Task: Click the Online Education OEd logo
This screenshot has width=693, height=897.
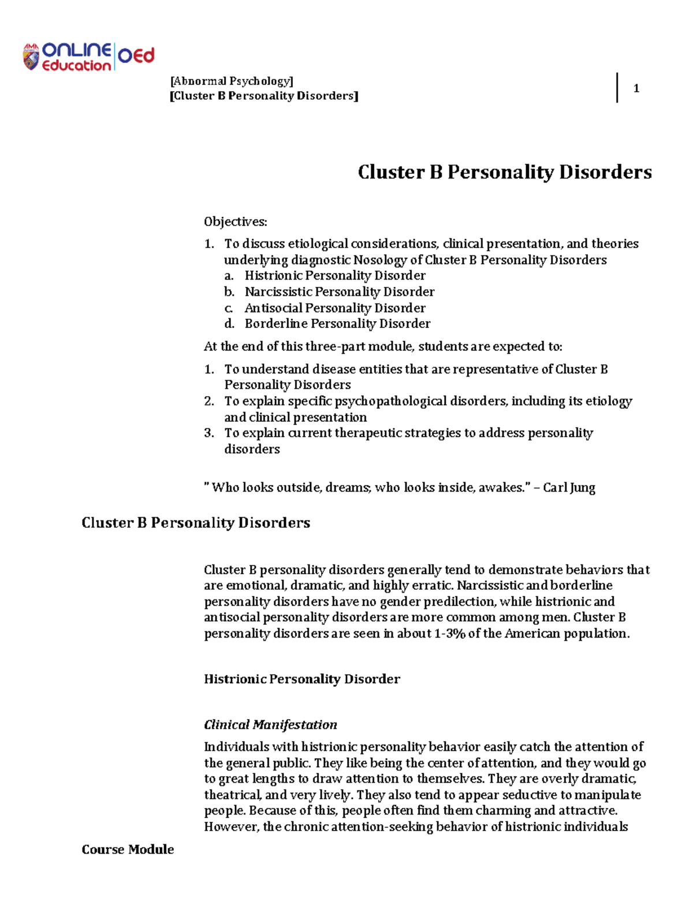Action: pos(88,57)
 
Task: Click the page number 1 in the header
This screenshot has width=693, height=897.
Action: pos(636,88)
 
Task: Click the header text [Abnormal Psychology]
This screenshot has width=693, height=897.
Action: pos(232,81)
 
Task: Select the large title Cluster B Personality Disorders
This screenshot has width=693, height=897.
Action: pos(504,172)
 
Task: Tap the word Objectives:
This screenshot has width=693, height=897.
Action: pos(235,222)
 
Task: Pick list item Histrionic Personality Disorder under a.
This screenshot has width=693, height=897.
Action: pos(335,276)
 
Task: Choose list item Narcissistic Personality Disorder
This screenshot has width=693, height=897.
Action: pos(340,292)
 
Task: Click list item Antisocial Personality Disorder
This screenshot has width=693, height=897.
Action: pos(335,308)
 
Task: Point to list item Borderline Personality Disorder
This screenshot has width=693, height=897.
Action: pos(337,323)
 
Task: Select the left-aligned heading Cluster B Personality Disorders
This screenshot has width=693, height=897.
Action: pos(196,523)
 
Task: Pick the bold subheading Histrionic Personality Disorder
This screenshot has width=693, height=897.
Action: pos(301,679)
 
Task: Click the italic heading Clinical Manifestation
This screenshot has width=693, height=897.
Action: pos(270,725)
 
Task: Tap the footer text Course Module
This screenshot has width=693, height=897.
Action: pos(128,850)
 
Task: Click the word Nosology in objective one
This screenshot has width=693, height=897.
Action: pos(380,260)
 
